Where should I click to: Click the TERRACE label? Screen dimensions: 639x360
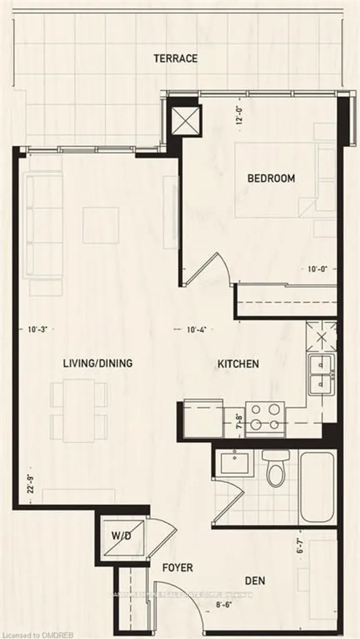pos(175,58)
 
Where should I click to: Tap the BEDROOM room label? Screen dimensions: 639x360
pos(271,178)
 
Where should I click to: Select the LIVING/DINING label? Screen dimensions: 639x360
pos(97,363)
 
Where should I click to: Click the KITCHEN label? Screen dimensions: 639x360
pos(238,364)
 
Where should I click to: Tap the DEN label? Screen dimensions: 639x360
pos(255,580)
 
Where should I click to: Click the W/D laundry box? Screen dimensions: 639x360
pos(121,537)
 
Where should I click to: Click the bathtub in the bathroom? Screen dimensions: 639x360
pos(318,487)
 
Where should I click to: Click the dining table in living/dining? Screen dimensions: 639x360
pos(79,409)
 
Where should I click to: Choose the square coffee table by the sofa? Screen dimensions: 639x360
pos(101,225)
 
